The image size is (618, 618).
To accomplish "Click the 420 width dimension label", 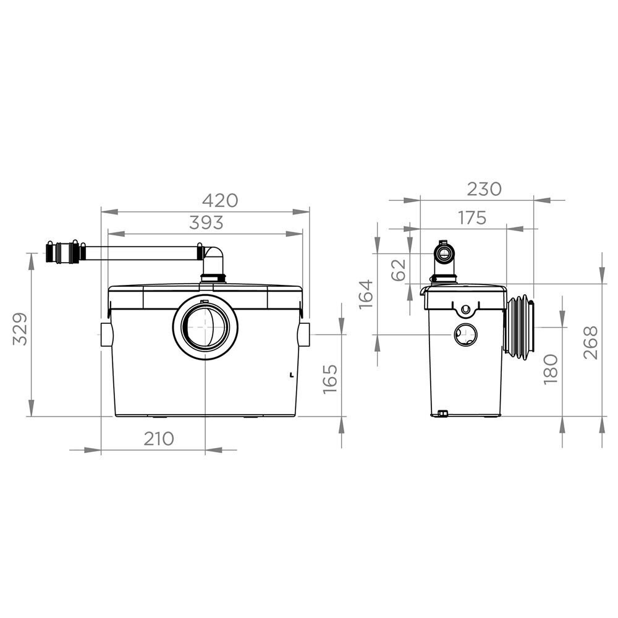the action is click(220, 201).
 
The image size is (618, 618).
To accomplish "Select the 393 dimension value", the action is click(206, 222).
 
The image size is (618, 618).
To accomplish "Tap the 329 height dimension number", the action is click(20, 329).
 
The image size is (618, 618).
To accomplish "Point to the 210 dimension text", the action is click(158, 439).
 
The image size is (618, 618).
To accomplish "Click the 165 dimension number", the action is click(330, 378).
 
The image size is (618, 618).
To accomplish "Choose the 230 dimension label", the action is click(484, 189).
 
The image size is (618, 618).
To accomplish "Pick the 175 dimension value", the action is click(472, 218).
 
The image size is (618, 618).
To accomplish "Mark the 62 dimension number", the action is click(399, 270).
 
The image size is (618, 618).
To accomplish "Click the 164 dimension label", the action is click(366, 294).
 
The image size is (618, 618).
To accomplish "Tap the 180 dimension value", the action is click(551, 370).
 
